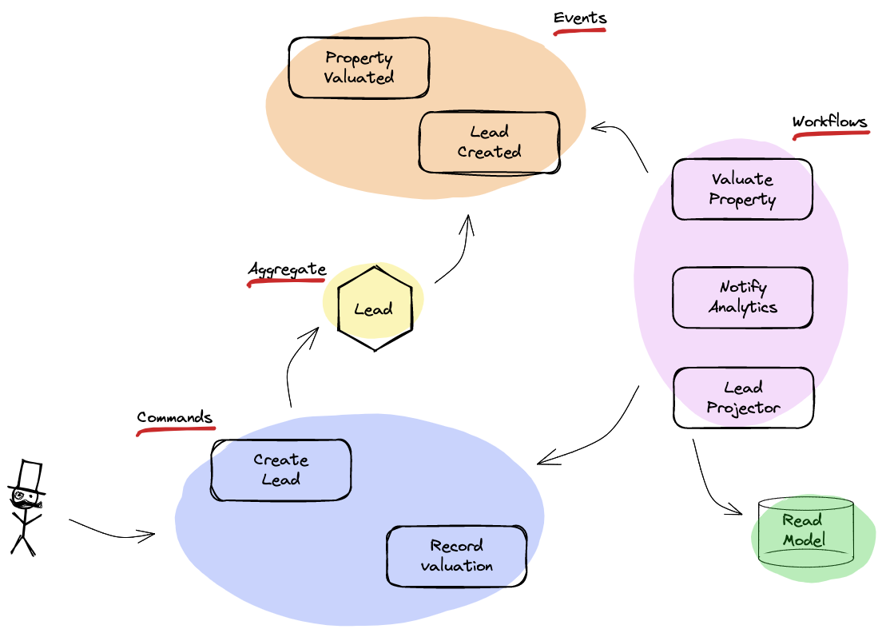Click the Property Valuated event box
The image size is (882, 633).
coord(359,68)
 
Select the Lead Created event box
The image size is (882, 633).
coord(489,142)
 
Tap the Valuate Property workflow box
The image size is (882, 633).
coord(742,189)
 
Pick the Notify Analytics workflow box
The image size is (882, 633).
coord(742,297)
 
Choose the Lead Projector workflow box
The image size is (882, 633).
coord(743,397)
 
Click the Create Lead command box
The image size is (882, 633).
coord(280,470)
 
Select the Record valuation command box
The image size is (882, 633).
coord(456,555)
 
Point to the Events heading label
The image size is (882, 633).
coord(580,18)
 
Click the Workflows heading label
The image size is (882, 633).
coord(829,122)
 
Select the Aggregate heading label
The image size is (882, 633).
coord(287,269)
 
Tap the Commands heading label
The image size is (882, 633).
coord(174,417)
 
